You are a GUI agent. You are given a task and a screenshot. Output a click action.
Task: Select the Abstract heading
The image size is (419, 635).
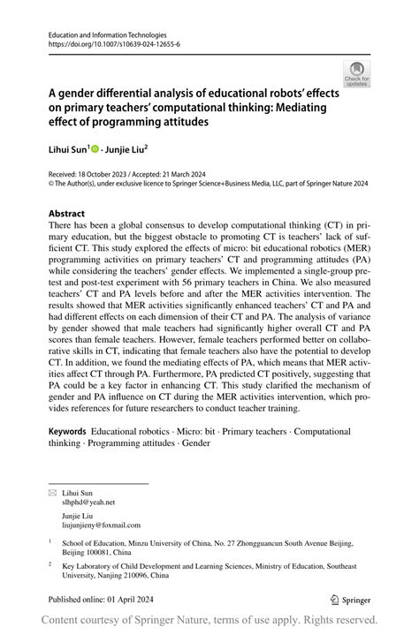66,214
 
